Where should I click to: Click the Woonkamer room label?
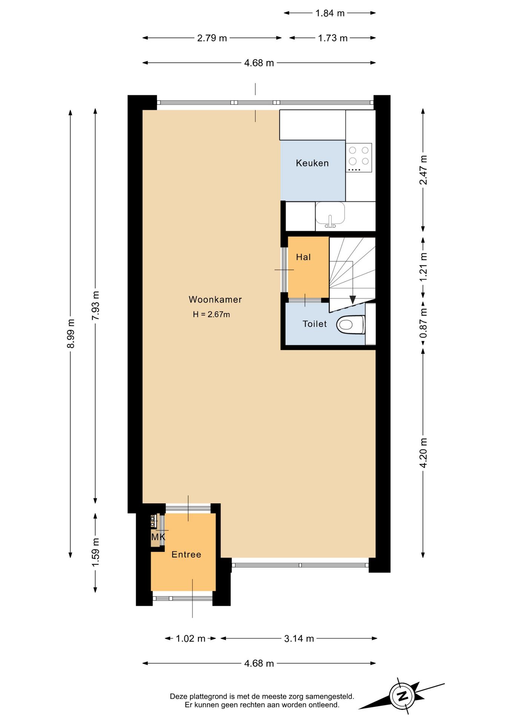[x=215, y=299]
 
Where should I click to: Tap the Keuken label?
[x=312, y=163]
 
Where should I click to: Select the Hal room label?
[x=304, y=257]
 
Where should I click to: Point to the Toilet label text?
[x=315, y=324]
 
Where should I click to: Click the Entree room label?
[x=186, y=554]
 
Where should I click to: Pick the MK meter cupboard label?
[x=158, y=537]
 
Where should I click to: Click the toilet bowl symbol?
[x=351, y=325]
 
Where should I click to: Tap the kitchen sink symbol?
[x=330, y=215]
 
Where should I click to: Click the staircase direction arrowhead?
[x=353, y=300]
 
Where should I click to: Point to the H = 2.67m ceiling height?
[x=212, y=314]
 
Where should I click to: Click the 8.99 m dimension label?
[x=71, y=334]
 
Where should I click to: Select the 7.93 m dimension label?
[x=96, y=306]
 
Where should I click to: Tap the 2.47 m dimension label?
[x=423, y=170]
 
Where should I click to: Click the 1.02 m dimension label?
[x=190, y=638]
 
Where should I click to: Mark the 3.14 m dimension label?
[x=299, y=638]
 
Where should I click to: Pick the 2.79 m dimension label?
[x=212, y=38]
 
